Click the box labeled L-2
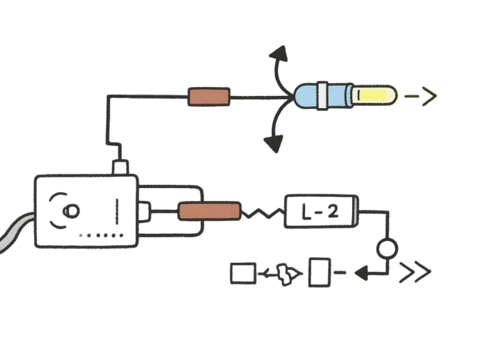(x=321, y=211)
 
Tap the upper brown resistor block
(x=209, y=97)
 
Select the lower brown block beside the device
(x=209, y=211)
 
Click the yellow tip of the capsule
(x=372, y=97)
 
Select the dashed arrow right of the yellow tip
(x=421, y=97)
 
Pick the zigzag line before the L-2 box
(x=261, y=211)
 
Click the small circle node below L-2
(x=388, y=248)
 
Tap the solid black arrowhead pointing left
(x=363, y=273)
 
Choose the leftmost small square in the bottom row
(x=242, y=274)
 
